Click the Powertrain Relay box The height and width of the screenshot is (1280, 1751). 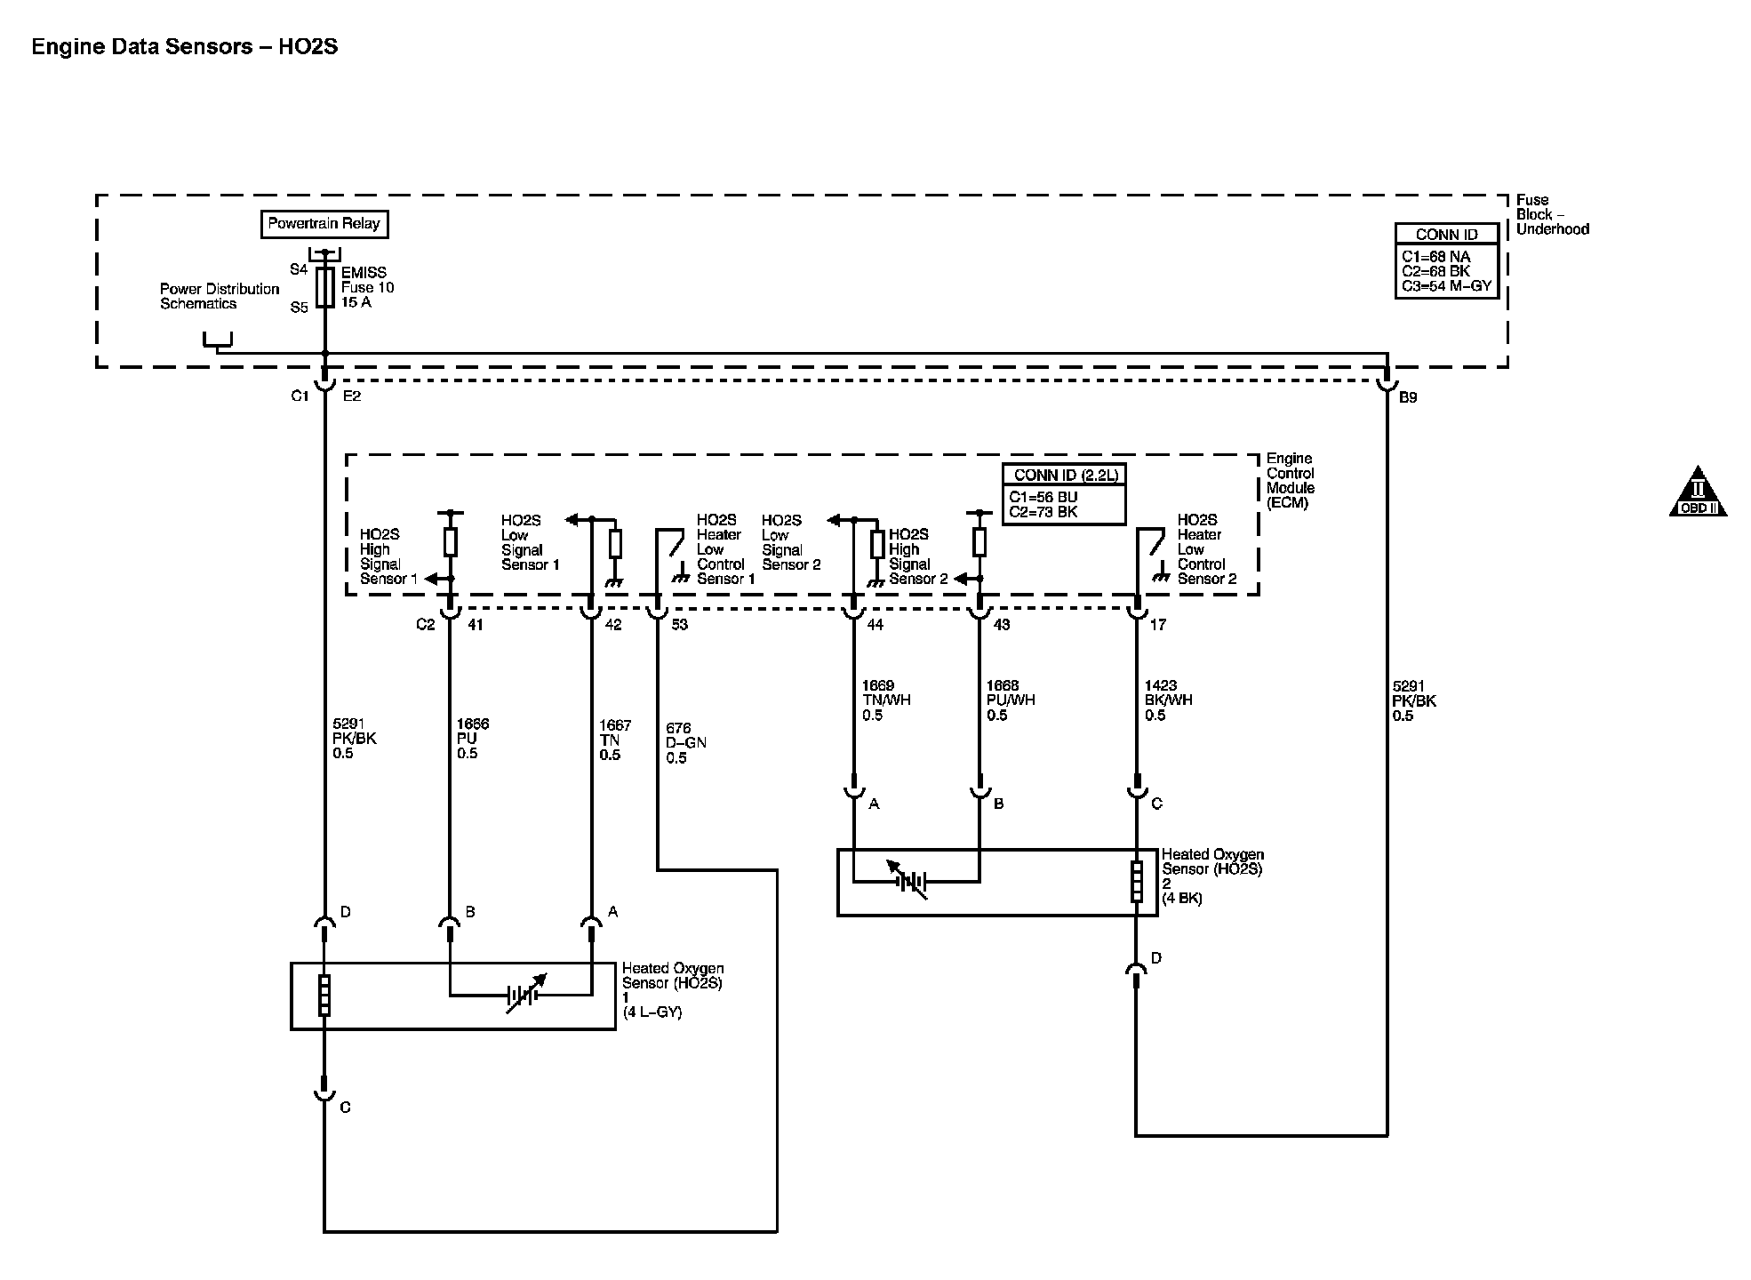click(324, 224)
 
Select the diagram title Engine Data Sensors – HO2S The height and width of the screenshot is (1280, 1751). click(185, 47)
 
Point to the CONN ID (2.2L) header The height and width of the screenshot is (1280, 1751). click(1063, 476)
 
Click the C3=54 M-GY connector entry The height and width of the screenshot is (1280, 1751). click(1446, 286)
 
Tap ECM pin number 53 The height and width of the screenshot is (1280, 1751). click(679, 625)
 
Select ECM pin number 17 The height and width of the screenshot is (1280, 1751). click(1157, 625)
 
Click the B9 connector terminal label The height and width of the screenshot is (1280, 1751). click(1408, 397)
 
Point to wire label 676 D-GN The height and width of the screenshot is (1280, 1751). click(685, 743)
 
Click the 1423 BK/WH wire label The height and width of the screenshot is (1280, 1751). click(1168, 700)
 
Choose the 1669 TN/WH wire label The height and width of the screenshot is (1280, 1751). click(885, 700)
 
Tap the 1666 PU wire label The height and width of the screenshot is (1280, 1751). click(472, 739)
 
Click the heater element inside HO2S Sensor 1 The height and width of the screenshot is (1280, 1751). click(324, 995)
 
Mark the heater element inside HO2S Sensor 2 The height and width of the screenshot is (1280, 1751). click(1137, 882)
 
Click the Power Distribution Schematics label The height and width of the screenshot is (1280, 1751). click(220, 296)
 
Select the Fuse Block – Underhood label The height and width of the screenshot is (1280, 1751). click(1551, 214)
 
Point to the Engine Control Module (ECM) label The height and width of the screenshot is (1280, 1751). click(1290, 481)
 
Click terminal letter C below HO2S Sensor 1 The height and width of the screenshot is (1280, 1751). click(345, 1108)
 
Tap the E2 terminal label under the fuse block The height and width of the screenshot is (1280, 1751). click(352, 396)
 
